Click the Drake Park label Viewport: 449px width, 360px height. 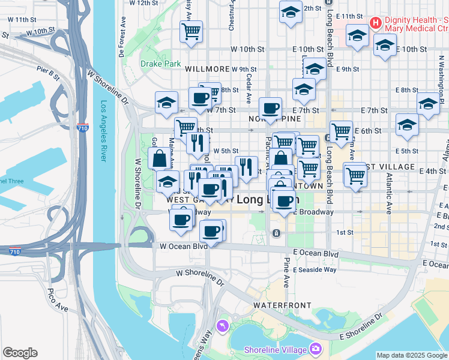coord(160,63)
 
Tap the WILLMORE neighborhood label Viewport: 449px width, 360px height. coord(208,70)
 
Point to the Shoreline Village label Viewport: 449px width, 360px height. coord(276,350)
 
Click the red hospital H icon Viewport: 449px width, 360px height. coord(376,23)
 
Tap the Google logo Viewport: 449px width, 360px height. coord(20,353)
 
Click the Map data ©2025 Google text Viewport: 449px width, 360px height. coord(412,355)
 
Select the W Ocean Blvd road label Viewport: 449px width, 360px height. coord(184,246)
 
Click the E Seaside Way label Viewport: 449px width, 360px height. coord(330,269)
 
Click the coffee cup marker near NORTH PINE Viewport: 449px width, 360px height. coord(270,108)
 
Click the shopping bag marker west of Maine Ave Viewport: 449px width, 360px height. coord(159,159)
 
